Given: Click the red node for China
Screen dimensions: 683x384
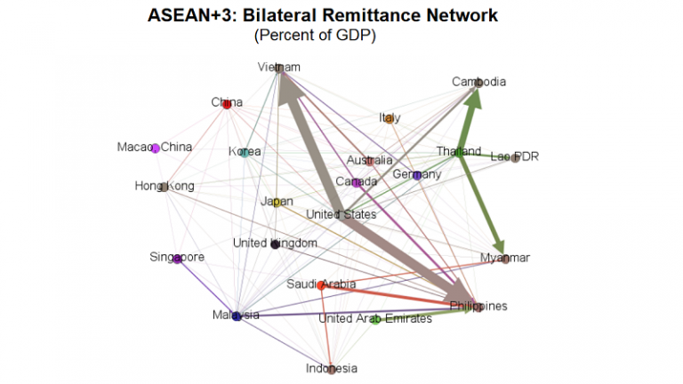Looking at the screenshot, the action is coord(227,105).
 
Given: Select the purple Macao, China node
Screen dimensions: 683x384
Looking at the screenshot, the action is coord(156,148).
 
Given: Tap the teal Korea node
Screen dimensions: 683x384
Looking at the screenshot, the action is coord(245,152).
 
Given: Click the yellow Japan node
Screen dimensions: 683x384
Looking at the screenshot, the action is coord(277,203).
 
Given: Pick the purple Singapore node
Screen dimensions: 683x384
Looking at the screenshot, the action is coord(177,259).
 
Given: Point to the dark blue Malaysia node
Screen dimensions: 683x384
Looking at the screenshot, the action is coord(237,316).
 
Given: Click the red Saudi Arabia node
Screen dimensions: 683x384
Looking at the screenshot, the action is coord(321,285).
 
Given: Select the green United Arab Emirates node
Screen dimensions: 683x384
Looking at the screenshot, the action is coord(375,320).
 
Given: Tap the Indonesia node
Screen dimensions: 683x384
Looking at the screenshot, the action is coord(332,370).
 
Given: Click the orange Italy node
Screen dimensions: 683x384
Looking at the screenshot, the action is coord(390,118).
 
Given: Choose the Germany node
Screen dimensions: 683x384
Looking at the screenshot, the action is coord(417,175).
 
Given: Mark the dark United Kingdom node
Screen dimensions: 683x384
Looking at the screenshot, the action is coord(275,244).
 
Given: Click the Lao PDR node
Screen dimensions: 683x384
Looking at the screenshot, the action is coord(515,157).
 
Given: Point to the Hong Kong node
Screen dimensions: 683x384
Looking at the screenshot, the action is coord(164,188).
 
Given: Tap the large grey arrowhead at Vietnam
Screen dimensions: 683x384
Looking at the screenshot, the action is coord(288,87).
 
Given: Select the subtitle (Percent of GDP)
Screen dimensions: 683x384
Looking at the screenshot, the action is coord(315,35).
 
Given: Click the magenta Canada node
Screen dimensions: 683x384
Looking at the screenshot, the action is coord(357,183).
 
